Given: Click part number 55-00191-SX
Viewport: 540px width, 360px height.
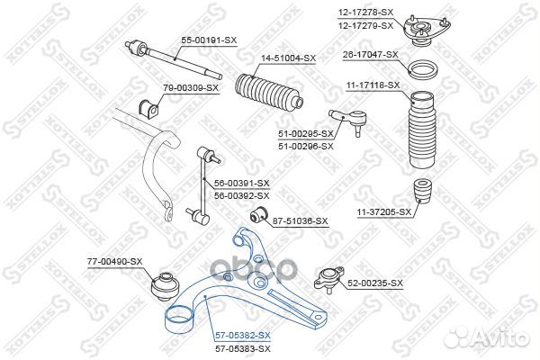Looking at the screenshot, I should (x=209, y=40).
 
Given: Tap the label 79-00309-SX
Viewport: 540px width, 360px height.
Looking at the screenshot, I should (x=191, y=87).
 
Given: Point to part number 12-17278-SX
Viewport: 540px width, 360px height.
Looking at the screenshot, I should (x=366, y=11).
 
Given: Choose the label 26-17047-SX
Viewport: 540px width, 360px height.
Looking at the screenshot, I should (x=370, y=54).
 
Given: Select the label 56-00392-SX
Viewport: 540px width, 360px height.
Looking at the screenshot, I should (x=242, y=194).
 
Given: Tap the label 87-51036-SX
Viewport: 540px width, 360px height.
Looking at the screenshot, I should (x=301, y=220).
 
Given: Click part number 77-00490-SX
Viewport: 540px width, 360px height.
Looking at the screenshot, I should (x=115, y=261).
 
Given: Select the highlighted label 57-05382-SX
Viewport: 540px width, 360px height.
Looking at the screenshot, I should (x=242, y=334).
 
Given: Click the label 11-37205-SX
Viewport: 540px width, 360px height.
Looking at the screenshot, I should (x=382, y=212).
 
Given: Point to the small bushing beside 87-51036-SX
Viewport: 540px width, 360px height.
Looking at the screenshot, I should (x=256, y=216).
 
